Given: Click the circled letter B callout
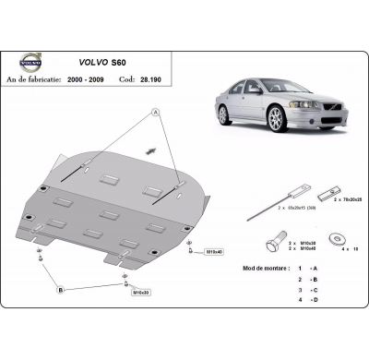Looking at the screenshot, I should coord(62,290).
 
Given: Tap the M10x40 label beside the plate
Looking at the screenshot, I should coord(214,250).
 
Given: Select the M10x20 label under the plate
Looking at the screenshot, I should coord(142,293).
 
